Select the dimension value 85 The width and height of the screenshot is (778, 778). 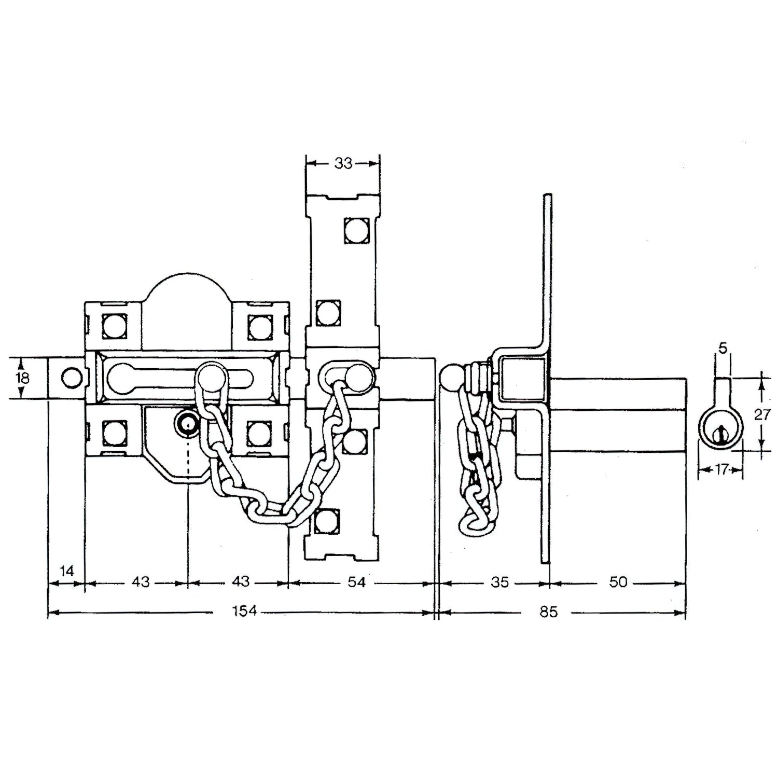pos(548,612)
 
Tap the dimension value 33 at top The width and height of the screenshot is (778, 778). pos(343,163)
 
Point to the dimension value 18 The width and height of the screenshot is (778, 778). pos(22,378)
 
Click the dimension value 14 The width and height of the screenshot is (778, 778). pos(67,572)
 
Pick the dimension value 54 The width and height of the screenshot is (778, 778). pos(356,582)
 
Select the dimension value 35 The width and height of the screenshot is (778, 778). pos(499,582)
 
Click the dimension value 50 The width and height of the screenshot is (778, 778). pos(618,582)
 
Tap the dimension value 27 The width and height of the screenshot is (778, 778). pos(762,415)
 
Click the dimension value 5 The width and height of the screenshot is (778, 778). pos(723,348)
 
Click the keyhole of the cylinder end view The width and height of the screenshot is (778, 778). pos(721,434)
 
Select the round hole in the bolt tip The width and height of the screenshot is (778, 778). pos(71,378)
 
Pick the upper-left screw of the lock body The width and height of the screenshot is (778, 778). pos(113,327)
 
